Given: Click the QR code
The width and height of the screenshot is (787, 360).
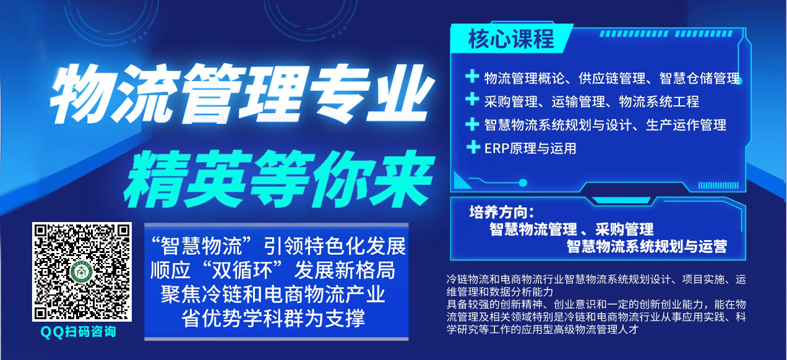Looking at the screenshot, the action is [82, 272].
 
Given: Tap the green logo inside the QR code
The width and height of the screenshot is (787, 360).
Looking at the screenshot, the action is [82, 272].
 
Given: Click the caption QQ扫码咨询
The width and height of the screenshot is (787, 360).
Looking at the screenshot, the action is [79, 332].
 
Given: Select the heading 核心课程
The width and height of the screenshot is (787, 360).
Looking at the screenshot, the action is [511, 38].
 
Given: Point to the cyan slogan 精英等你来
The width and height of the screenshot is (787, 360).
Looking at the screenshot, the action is [278, 179].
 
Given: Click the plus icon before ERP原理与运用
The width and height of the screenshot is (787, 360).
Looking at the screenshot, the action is [473, 147].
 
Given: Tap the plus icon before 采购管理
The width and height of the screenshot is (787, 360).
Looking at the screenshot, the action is [472, 100].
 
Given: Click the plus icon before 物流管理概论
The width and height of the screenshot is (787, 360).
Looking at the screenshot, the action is [472, 76].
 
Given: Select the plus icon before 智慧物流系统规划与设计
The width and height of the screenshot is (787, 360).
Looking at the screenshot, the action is [472, 124].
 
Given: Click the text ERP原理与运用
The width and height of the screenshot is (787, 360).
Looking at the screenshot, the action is [530, 148].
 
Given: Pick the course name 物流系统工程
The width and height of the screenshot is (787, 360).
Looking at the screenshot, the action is [659, 101].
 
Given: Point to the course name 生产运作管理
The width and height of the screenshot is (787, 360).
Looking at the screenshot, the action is [686, 125].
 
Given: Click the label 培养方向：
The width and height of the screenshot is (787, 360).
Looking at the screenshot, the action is [502, 213].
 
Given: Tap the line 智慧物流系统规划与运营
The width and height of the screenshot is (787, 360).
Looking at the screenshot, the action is [647, 246].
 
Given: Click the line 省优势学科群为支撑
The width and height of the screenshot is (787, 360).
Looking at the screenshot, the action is [273, 318].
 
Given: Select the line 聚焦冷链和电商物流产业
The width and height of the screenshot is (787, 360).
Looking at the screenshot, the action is [273, 294].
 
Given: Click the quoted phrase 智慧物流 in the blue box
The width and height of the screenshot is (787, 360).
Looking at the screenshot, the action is [201, 246].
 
